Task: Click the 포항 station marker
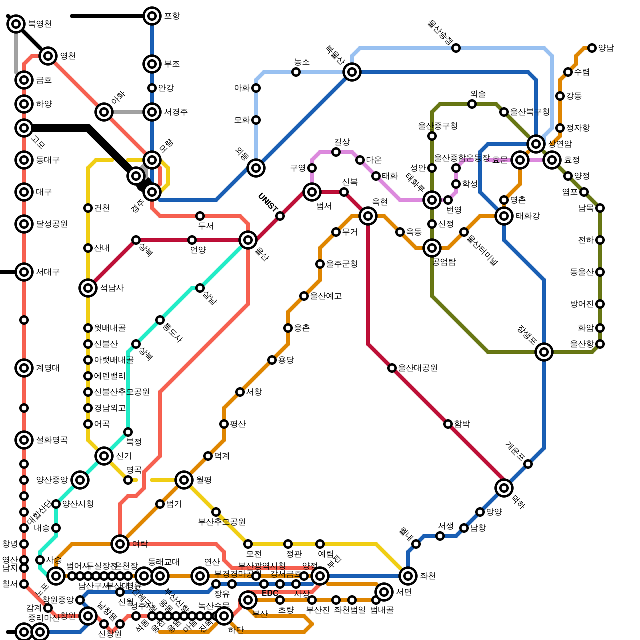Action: (x=152, y=16)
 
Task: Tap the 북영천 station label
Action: (x=40, y=24)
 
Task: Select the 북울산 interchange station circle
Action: (x=352, y=72)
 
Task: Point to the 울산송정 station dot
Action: (x=456, y=48)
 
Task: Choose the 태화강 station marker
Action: (x=504, y=216)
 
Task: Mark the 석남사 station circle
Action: (x=88, y=288)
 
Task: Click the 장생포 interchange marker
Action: (x=544, y=352)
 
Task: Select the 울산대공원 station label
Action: (x=418, y=368)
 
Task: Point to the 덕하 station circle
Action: (x=504, y=488)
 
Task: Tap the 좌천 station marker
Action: (x=408, y=576)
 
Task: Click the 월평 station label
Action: (x=204, y=480)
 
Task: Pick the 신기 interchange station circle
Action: (x=104, y=456)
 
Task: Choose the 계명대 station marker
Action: (x=24, y=368)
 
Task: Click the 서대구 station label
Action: (x=48, y=272)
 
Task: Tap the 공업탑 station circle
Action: (x=432, y=248)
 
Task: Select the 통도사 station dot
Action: (x=160, y=320)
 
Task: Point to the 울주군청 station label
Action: (x=342, y=264)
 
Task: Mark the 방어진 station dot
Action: (x=600, y=304)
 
